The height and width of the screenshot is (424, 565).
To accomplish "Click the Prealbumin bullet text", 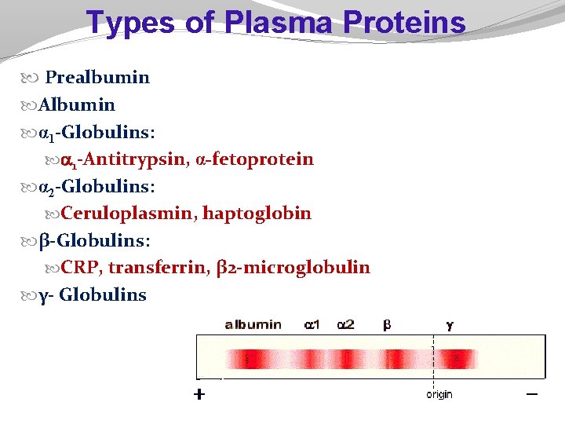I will [97, 77].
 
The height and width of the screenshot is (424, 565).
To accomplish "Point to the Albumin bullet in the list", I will [77, 104].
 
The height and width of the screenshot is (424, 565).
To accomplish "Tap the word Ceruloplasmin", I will [129, 213].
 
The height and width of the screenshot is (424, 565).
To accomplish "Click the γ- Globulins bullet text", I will [93, 295].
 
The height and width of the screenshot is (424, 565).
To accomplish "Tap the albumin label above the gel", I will [253, 324].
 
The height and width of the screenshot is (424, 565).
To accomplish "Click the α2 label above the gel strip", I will [345, 324].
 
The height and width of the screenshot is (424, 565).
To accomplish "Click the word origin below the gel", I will [439, 394].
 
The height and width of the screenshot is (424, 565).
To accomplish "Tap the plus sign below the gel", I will [200, 395].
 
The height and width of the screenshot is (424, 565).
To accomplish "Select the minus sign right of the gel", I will [532, 393].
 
